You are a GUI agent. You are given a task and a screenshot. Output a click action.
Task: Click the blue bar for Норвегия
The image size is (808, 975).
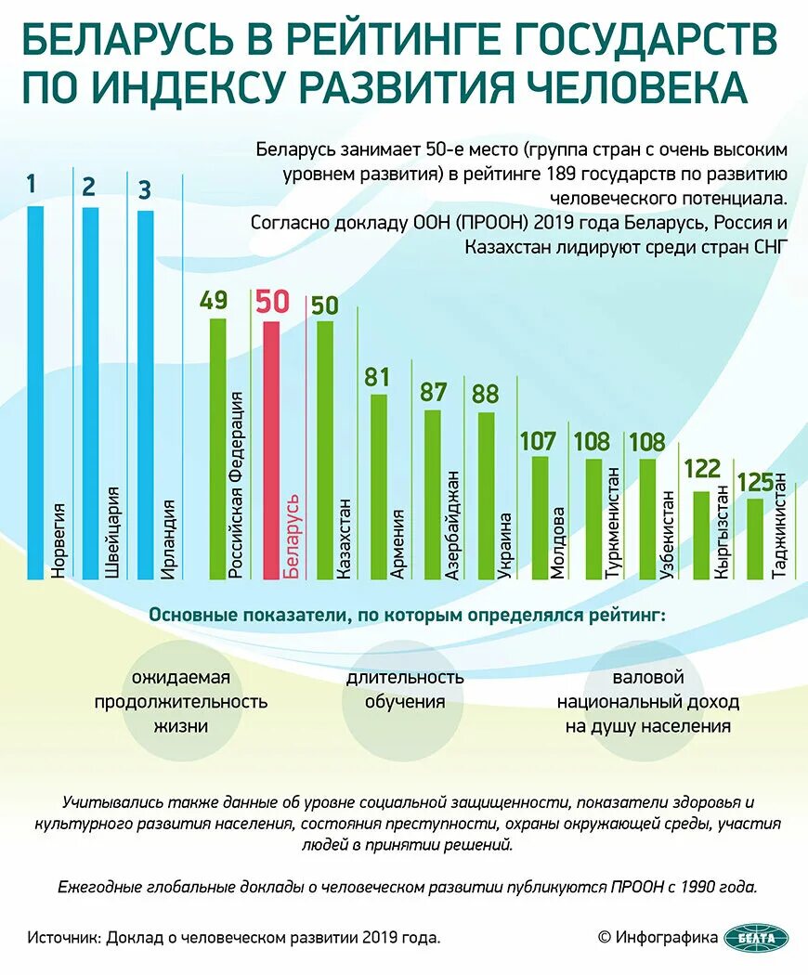tap(35, 390)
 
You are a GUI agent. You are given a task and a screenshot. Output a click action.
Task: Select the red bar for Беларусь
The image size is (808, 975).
tap(272, 450)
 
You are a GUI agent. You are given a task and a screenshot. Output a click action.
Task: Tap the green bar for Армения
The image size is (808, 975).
tap(379, 487)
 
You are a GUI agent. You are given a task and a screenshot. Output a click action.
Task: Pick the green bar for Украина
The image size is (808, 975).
tap(486, 497)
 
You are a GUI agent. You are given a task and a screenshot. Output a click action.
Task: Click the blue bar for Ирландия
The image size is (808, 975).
tap(145, 395)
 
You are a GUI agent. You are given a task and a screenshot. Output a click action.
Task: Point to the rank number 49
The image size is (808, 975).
tap(214, 301)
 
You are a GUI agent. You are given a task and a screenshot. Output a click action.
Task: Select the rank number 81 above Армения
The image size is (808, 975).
tap(378, 377)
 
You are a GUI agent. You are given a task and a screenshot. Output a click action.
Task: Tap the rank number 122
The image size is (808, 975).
tap(702, 469)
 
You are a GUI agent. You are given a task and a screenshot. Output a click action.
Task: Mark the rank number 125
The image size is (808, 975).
tap(755, 482)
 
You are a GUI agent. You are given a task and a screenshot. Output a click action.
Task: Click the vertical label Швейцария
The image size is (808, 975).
tap(113, 532)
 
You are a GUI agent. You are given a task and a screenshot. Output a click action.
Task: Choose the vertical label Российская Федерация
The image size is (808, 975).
tap(237, 485)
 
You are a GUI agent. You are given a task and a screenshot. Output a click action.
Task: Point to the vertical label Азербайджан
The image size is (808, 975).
tap(452, 526)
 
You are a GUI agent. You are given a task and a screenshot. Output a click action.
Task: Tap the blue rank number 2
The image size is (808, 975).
tap(89, 187)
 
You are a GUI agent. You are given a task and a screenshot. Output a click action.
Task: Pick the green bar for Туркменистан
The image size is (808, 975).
tap(593, 519)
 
